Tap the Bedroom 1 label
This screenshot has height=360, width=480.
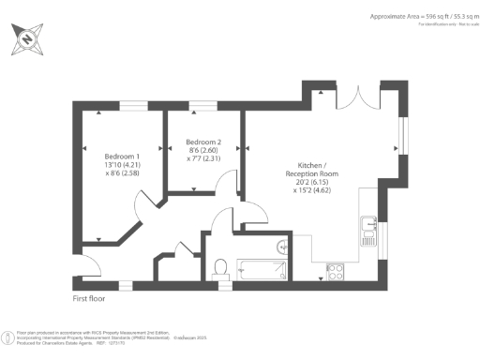[122, 156]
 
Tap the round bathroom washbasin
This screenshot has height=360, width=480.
[282, 247]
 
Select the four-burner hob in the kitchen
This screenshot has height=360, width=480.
[335, 272]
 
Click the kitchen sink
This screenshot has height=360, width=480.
[367, 228]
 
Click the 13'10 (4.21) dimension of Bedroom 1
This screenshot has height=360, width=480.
[122, 165]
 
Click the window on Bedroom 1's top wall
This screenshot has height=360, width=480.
[122, 109]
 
